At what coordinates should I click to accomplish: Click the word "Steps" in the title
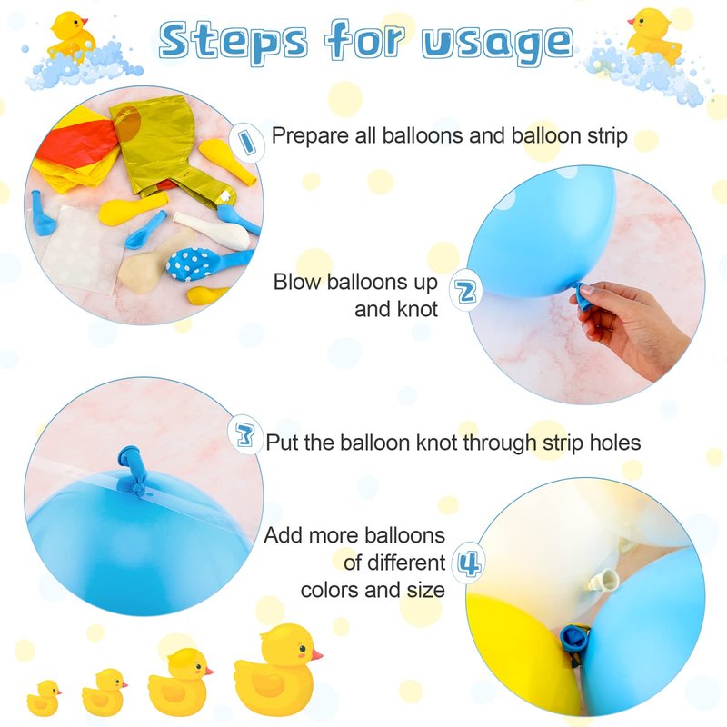(x=233, y=41)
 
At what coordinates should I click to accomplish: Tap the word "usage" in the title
(x=497, y=43)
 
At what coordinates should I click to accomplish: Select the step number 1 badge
(x=246, y=141)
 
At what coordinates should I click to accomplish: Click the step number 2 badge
(x=466, y=291)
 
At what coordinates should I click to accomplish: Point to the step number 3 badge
(x=244, y=435)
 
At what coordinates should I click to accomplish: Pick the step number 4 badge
(x=469, y=563)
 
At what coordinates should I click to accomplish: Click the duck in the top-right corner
(x=652, y=35)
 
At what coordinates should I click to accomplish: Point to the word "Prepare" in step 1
(x=310, y=136)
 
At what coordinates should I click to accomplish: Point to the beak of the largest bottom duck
(x=316, y=654)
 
